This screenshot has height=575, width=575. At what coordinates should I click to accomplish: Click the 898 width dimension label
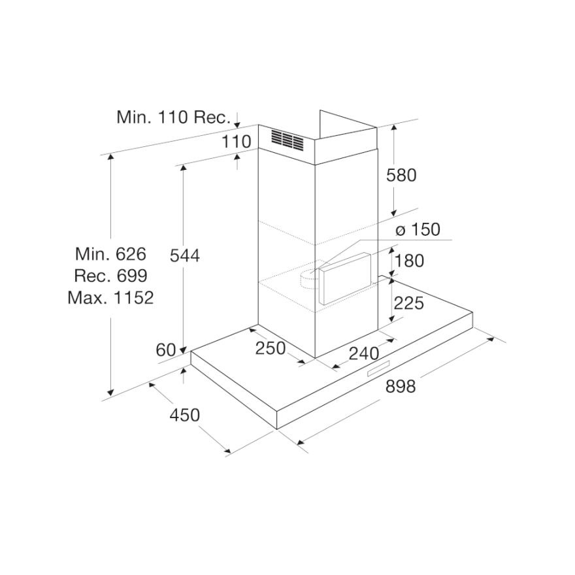click(x=400, y=386)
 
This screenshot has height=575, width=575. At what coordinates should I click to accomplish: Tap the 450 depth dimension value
click(x=184, y=415)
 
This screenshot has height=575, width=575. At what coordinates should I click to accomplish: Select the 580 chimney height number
click(x=401, y=175)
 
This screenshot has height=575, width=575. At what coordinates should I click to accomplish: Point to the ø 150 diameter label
click(x=418, y=229)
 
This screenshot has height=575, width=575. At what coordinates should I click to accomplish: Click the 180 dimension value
click(x=410, y=261)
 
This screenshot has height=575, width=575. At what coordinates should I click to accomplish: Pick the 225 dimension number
click(x=410, y=303)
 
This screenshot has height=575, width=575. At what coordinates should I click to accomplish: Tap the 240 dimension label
click(x=363, y=353)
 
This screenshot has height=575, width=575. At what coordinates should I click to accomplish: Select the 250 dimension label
click(x=270, y=348)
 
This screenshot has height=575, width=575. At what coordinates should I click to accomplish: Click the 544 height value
click(x=184, y=255)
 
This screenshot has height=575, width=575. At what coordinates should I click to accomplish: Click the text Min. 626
click(x=110, y=254)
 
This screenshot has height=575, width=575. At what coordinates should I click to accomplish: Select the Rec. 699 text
click(x=110, y=276)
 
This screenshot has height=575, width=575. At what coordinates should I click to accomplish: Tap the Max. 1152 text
click(x=110, y=298)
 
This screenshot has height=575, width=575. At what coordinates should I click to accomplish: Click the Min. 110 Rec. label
click(x=173, y=118)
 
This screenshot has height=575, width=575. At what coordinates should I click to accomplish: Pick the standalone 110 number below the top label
click(x=236, y=141)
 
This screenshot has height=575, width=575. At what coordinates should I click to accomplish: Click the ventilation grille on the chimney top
click(x=287, y=139)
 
